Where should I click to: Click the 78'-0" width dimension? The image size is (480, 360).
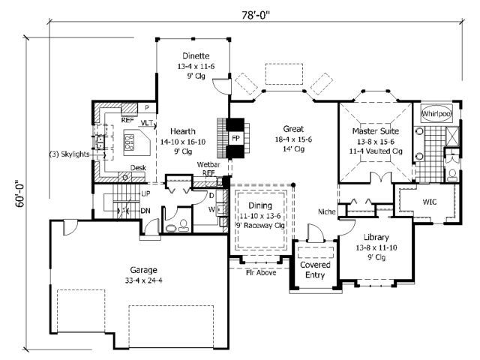256,15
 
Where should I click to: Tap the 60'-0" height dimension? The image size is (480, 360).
19,193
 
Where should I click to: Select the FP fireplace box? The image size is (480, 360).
235,138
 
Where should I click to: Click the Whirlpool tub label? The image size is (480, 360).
436,114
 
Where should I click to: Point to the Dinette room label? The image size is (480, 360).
196,55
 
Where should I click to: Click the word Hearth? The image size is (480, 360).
183,131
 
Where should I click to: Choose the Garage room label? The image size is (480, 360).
143,270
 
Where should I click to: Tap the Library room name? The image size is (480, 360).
376,237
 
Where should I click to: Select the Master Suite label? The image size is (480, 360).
376,131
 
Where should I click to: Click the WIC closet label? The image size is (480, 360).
430,202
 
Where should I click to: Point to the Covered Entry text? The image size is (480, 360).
315,270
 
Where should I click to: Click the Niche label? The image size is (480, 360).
327,211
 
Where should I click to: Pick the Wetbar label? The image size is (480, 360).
208,165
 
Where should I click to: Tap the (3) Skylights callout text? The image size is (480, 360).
70,154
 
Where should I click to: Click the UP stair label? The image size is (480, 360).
145,193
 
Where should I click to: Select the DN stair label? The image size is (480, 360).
145,211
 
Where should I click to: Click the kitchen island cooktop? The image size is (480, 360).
128,142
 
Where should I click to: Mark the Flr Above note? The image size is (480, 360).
261,272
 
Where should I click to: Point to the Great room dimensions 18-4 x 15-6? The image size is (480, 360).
293,139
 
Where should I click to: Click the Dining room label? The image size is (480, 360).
260,205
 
